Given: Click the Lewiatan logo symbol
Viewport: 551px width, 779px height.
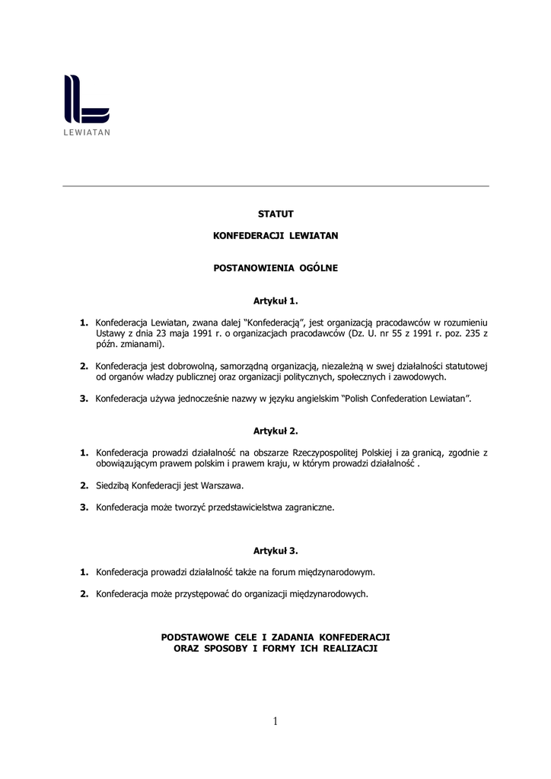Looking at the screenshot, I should click(x=86, y=99).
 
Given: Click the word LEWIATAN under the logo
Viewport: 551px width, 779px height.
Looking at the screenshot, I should click(x=87, y=132).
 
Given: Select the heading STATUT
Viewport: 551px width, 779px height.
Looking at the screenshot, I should click(x=275, y=214).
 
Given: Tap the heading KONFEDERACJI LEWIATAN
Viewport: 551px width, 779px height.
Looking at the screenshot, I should click(x=275, y=236).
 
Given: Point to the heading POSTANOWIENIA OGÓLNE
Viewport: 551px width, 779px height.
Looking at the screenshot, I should click(x=275, y=268).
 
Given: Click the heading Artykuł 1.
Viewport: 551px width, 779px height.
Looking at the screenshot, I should click(x=275, y=300).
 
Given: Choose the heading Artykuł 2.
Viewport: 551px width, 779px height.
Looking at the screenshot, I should click(x=275, y=431).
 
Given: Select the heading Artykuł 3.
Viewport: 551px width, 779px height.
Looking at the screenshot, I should click(x=275, y=549).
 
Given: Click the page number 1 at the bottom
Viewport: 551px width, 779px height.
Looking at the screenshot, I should click(x=275, y=721).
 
